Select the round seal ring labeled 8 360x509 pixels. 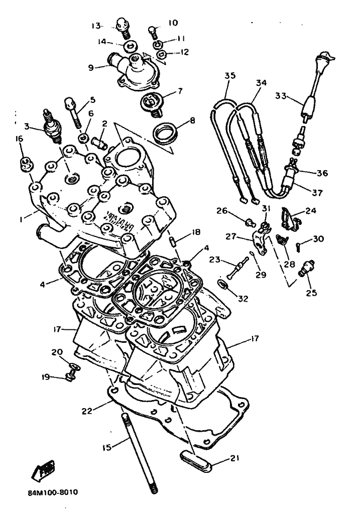(165, 133)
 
